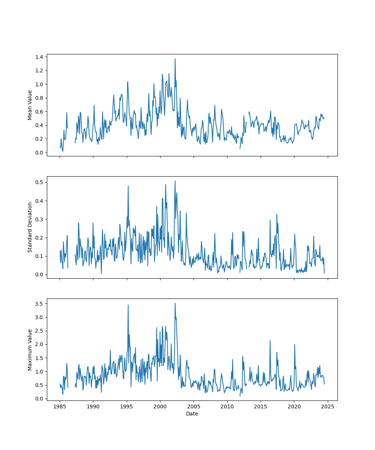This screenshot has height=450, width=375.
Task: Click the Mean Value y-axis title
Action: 30,105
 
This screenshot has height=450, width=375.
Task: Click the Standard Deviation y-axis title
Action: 30,227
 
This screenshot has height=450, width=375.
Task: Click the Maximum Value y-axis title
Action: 30,349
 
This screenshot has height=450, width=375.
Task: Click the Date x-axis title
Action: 192,414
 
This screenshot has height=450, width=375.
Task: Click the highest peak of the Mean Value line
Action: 175,58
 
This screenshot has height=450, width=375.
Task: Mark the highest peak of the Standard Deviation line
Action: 175,181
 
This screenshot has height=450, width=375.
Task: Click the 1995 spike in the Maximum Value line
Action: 128,305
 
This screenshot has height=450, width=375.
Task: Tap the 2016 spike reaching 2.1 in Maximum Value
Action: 270,341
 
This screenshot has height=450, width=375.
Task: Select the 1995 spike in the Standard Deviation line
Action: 128,186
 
